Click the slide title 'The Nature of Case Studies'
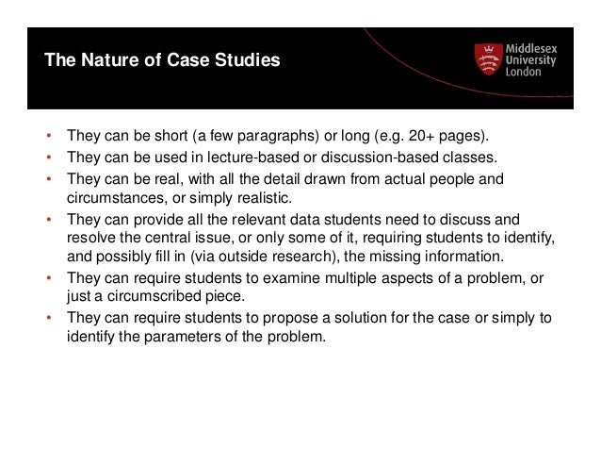(x=163, y=63)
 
